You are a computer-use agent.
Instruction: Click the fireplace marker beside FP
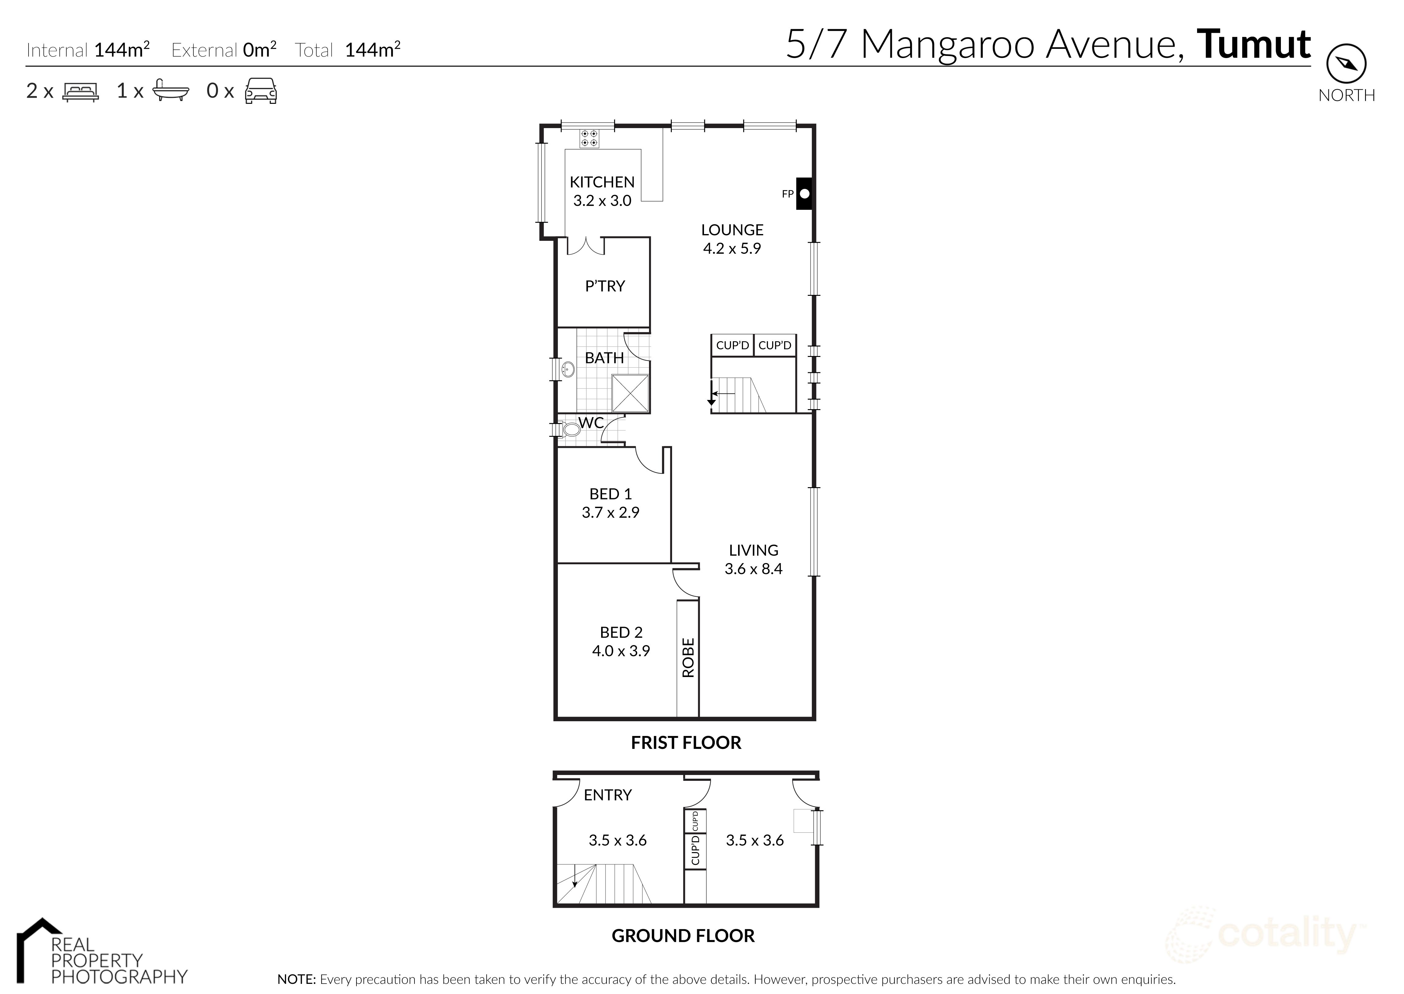click(804, 194)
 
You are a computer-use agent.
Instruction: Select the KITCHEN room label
click(602, 182)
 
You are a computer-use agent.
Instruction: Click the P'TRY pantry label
click(605, 286)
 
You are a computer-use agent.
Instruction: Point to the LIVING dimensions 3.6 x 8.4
click(753, 569)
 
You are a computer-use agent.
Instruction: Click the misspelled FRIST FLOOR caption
click(686, 742)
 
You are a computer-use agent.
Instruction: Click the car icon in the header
click(261, 91)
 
